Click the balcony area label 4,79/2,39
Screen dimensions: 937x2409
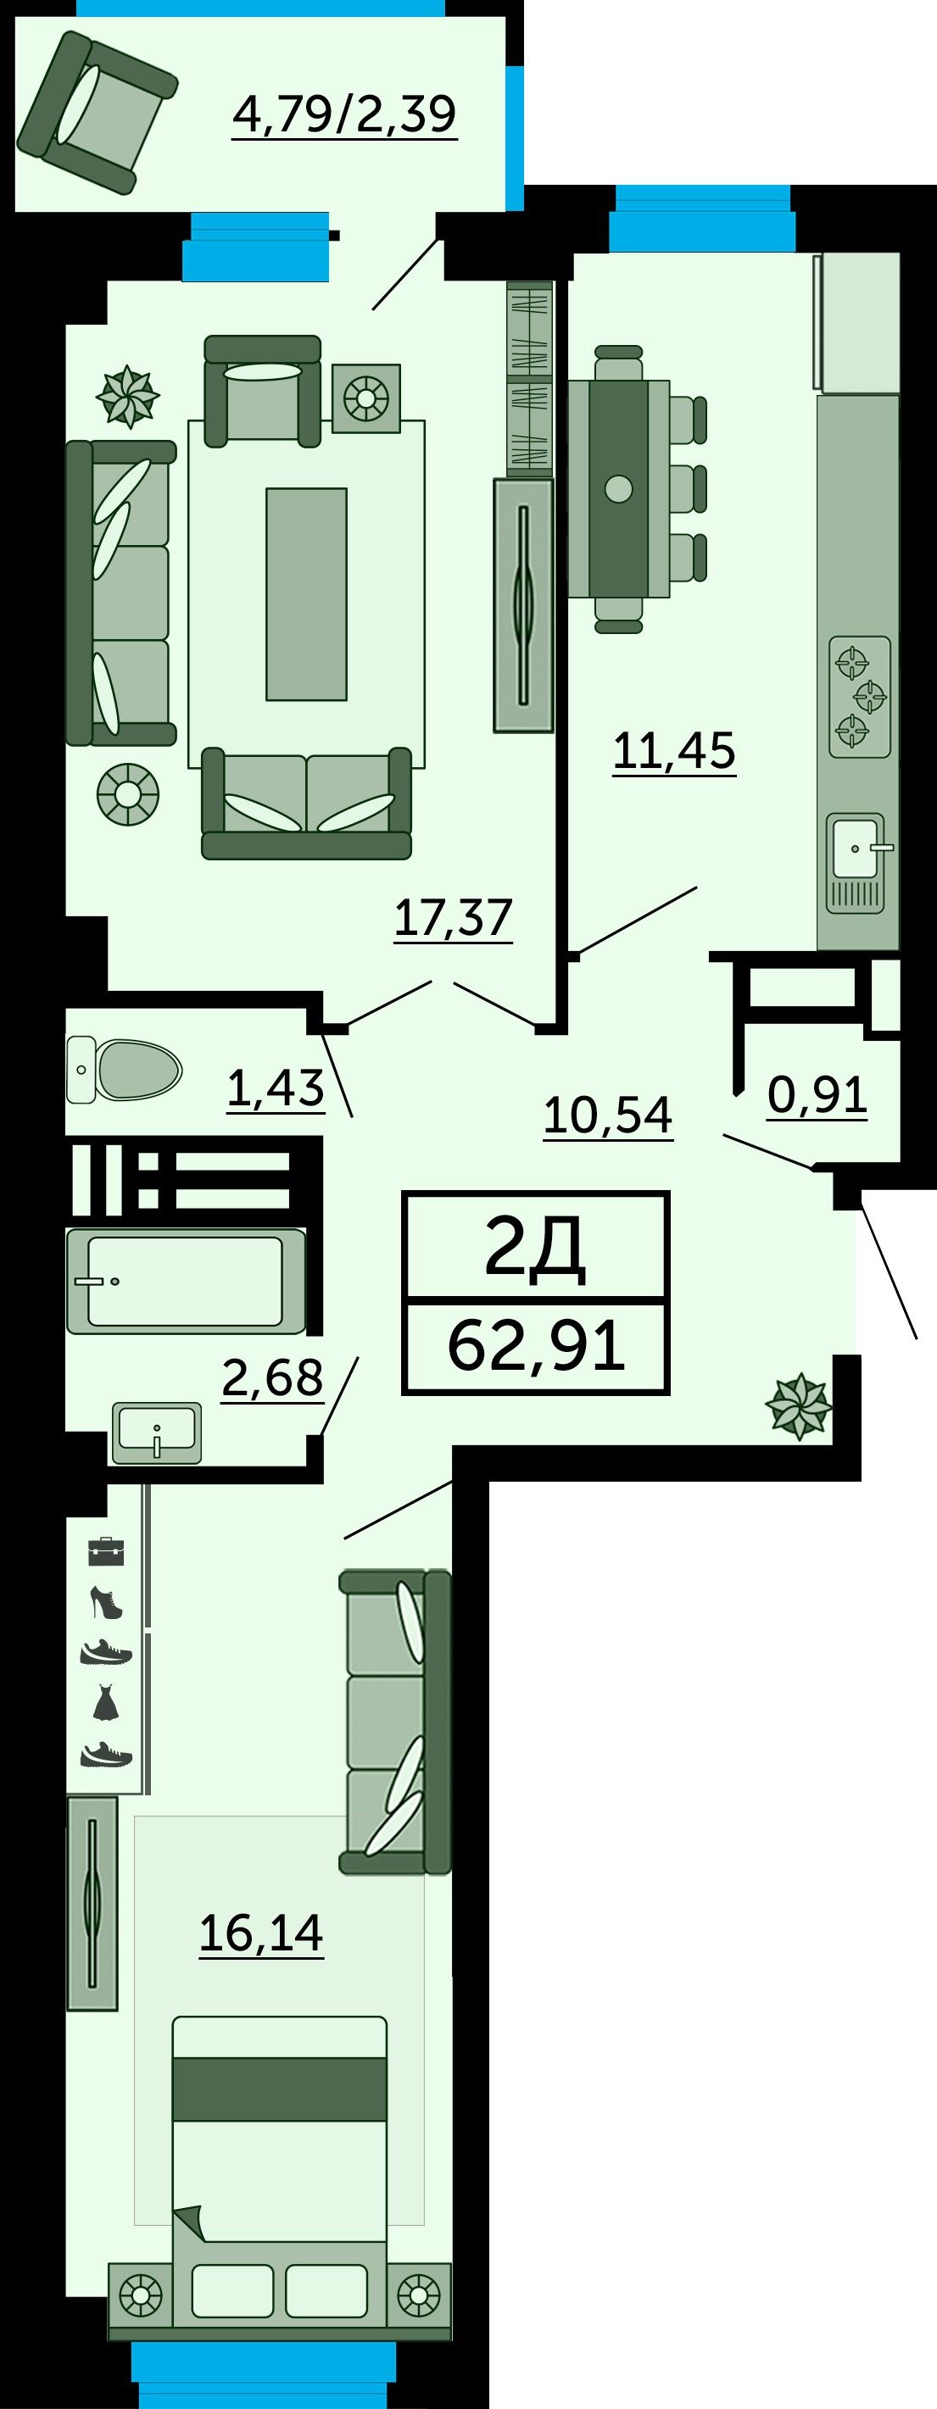click(x=344, y=114)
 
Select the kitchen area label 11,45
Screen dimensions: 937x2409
click(x=674, y=751)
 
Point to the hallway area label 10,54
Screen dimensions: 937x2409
click(x=608, y=1115)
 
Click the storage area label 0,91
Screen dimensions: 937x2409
click(x=817, y=1095)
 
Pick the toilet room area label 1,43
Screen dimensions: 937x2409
click(x=276, y=1088)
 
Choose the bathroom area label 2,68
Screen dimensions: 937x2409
click(x=273, y=1377)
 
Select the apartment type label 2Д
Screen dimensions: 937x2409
click(x=535, y=1249)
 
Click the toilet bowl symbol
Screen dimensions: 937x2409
click(x=124, y=1069)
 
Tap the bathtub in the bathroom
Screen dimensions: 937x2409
click(x=186, y=1280)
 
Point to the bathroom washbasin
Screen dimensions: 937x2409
click(x=156, y=1432)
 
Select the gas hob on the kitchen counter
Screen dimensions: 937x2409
click(x=859, y=697)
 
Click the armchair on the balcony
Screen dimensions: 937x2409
click(x=98, y=112)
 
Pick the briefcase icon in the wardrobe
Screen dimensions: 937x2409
click(x=106, y=1551)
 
